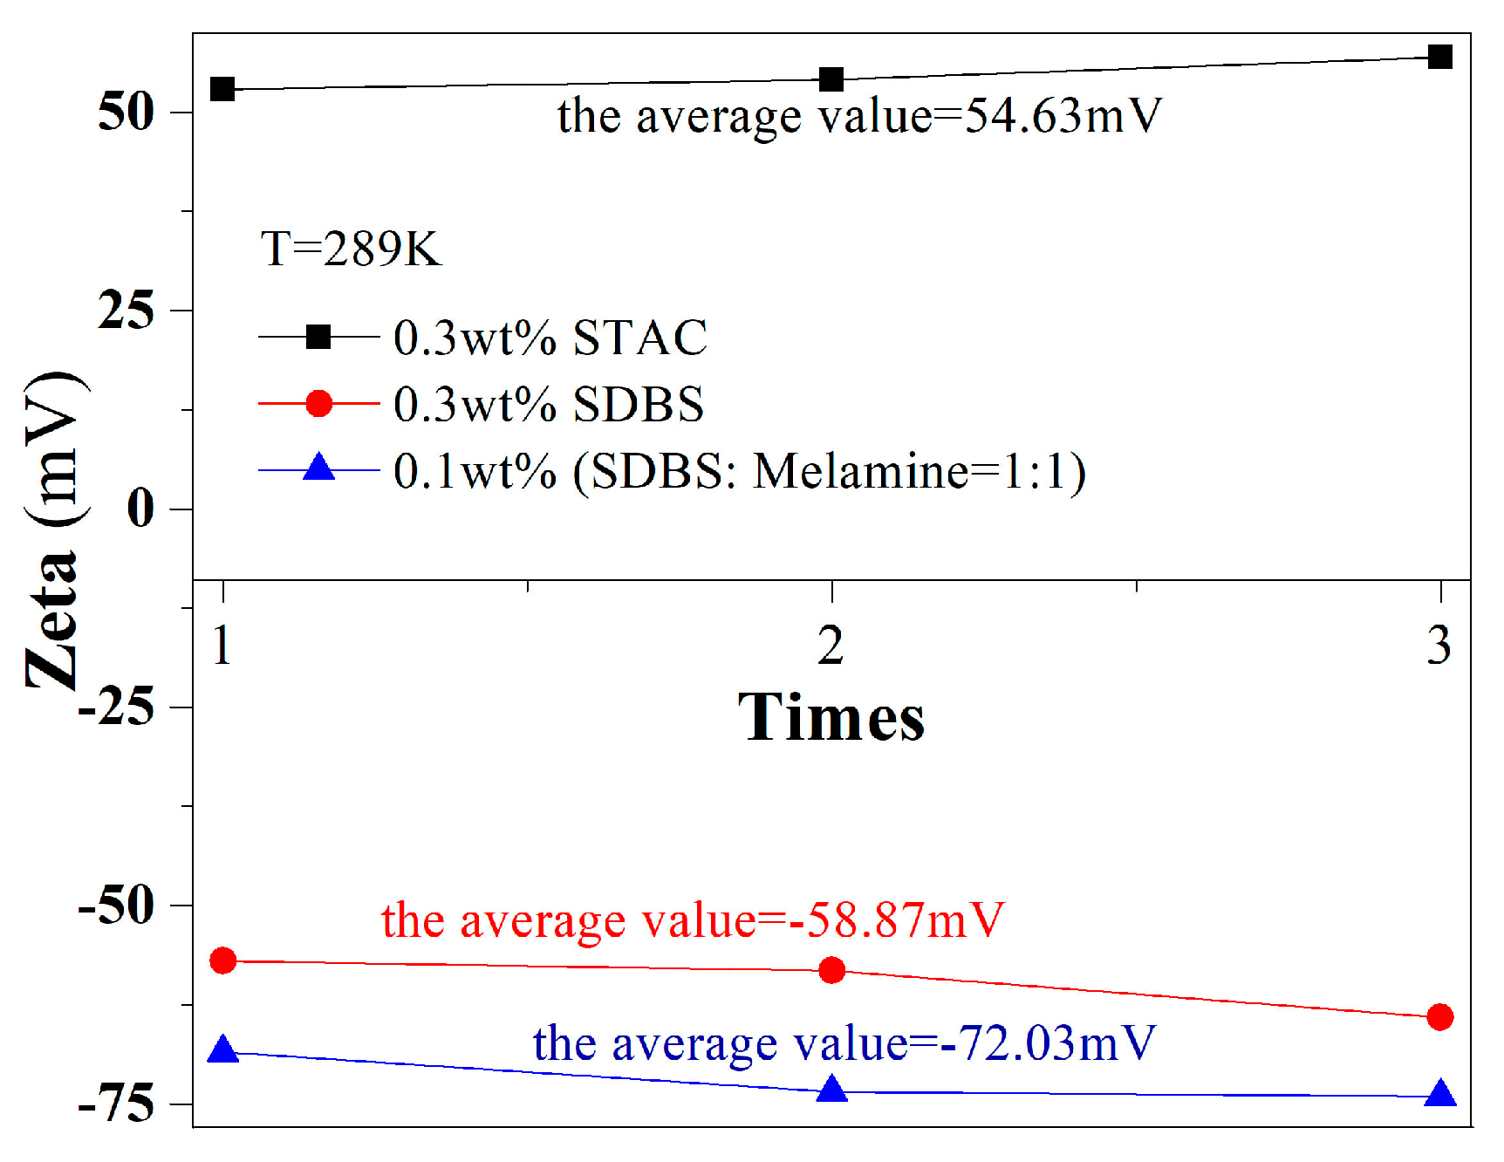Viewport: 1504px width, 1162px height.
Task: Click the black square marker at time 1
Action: (223, 88)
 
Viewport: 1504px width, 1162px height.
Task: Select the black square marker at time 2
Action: (832, 79)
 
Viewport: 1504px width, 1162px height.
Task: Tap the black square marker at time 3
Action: (1440, 58)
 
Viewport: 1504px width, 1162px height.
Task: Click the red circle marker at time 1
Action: (223, 960)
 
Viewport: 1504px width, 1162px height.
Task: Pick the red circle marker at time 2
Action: (832, 970)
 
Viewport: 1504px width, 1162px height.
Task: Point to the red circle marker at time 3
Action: (1440, 1016)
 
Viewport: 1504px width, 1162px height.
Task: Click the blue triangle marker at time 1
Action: (223, 1049)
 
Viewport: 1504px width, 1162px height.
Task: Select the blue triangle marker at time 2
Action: (832, 1090)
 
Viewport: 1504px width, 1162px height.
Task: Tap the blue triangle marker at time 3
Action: (1440, 1094)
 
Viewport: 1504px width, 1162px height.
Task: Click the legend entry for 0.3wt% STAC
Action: (550, 338)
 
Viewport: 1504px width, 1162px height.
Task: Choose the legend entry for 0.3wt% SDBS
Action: (548, 404)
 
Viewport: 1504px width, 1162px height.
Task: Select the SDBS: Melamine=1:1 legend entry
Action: (740, 472)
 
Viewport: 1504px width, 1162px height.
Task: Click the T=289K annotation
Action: (351, 249)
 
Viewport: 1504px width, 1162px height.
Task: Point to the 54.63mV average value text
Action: (859, 116)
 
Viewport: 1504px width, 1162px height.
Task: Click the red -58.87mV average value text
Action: (693, 920)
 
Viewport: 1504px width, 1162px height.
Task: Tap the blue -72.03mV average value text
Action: (844, 1043)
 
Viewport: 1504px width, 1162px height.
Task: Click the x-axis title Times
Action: (831, 717)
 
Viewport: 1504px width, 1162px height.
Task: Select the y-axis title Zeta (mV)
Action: (54, 530)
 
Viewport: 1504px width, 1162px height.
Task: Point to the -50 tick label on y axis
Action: (117, 906)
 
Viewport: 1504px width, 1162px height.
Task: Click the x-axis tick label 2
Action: (831, 646)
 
